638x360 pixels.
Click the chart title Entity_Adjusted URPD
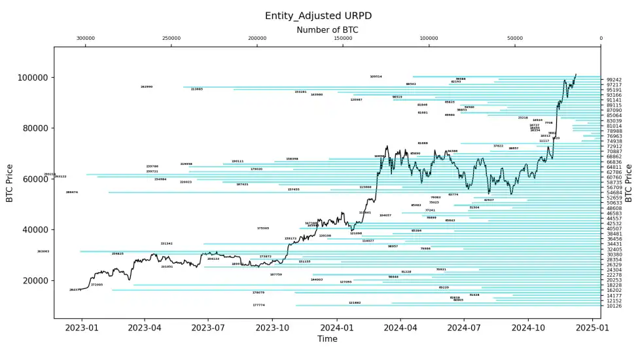pyautogui.click(x=318, y=16)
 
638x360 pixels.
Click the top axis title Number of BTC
pyautogui.click(x=327, y=30)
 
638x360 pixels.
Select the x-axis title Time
pyautogui.click(x=327, y=339)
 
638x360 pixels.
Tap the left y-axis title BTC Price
pyautogui.click(x=10, y=183)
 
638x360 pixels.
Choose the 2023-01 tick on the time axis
pyautogui.click(x=81, y=327)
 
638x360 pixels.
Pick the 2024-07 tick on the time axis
pyautogui.click(x=464, y=327)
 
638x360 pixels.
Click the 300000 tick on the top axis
pyautogui.click(x=86, y=38)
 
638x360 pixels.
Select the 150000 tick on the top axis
pyautogui.click(x=343, y=38)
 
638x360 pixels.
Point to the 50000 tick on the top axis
pyautogui.click(x=515, y=38)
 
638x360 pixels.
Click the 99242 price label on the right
pyautogui.click(x=614, y=80)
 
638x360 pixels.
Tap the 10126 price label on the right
pyautogui.click(x=614, y=306)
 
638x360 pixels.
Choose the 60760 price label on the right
pyautogui.click(x=614, y=177)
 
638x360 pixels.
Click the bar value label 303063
pyautogui.click(x=43, y=251)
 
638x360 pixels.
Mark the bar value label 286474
pyautogui.click(x=72, y=192)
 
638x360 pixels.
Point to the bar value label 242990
pyautogui.click(x=147, y=87)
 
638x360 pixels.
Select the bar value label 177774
pyautogui.click(x=258, y=305)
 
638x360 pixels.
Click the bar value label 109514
pyautogui.click(x=376, y=77)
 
